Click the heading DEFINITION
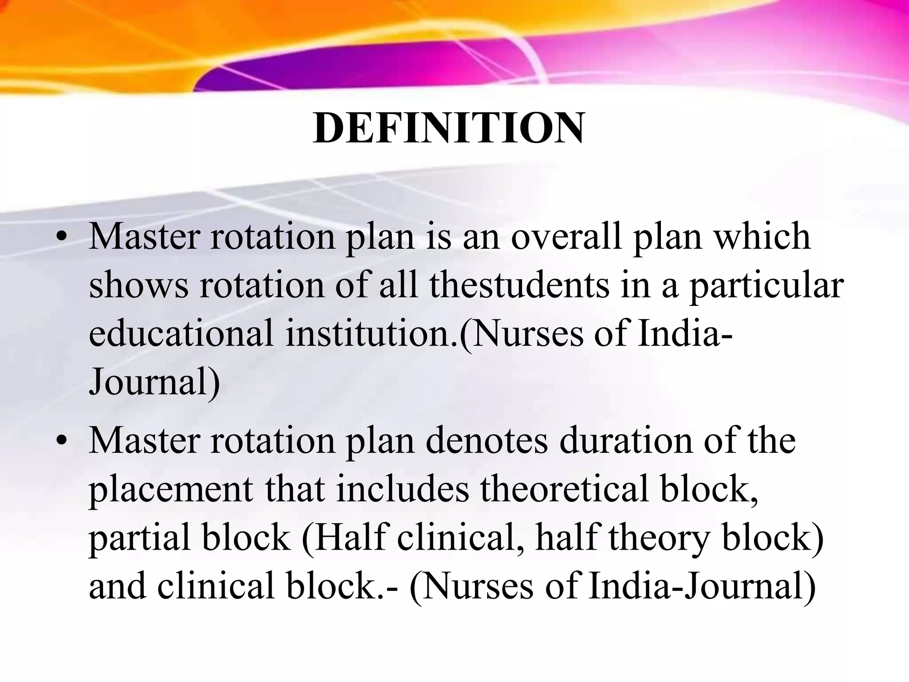coord(448,129)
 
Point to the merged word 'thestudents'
coord(519,285)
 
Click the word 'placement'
coord(171,491)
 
